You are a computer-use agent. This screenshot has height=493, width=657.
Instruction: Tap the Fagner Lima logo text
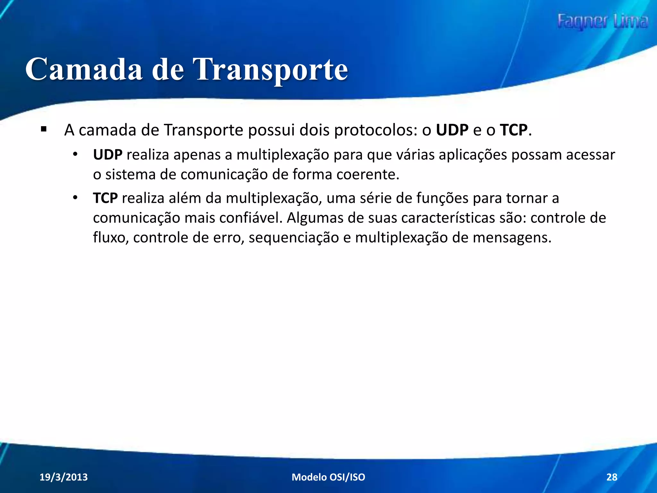click(x=602, y=22)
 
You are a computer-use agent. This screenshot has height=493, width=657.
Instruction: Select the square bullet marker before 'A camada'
click(x=44, y=130)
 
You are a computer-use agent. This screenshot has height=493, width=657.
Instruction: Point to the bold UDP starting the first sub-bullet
click(x=107, y=155)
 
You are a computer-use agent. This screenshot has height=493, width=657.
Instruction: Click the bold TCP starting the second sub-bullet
click(x=105, y=198)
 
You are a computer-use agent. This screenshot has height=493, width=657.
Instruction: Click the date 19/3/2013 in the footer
click(x=64, y=477)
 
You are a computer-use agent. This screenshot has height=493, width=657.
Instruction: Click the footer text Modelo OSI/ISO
click(x=328, y=477)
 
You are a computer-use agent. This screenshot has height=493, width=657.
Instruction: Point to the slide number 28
click(x=612, y=477)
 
